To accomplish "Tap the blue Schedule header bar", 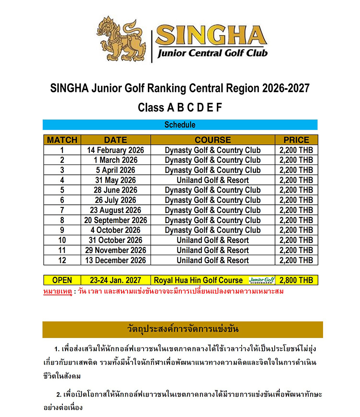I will tap(180, 125).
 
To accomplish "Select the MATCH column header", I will tap(62, 140).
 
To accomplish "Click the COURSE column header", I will tap(213, 140).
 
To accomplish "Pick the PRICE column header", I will tap(296, 140).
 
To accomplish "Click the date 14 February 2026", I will tap(115, 150).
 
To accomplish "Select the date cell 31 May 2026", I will tap(115, 180).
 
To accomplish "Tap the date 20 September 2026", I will tap(115, 220).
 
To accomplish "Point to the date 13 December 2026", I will tap(115, 260).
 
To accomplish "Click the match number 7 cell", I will tap(62, 210).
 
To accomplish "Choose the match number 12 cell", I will tap(62, 260).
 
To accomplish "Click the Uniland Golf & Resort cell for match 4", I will tap(213, 180).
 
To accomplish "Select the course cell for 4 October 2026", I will tap(213, 230).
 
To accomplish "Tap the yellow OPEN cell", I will tap(62, 280).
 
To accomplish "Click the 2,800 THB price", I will tap(296, 280).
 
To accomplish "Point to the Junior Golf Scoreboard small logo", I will tap(262, 280).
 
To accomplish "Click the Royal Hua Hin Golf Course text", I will tap(198, 280).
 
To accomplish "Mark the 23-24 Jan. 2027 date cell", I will tap(115, 280).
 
